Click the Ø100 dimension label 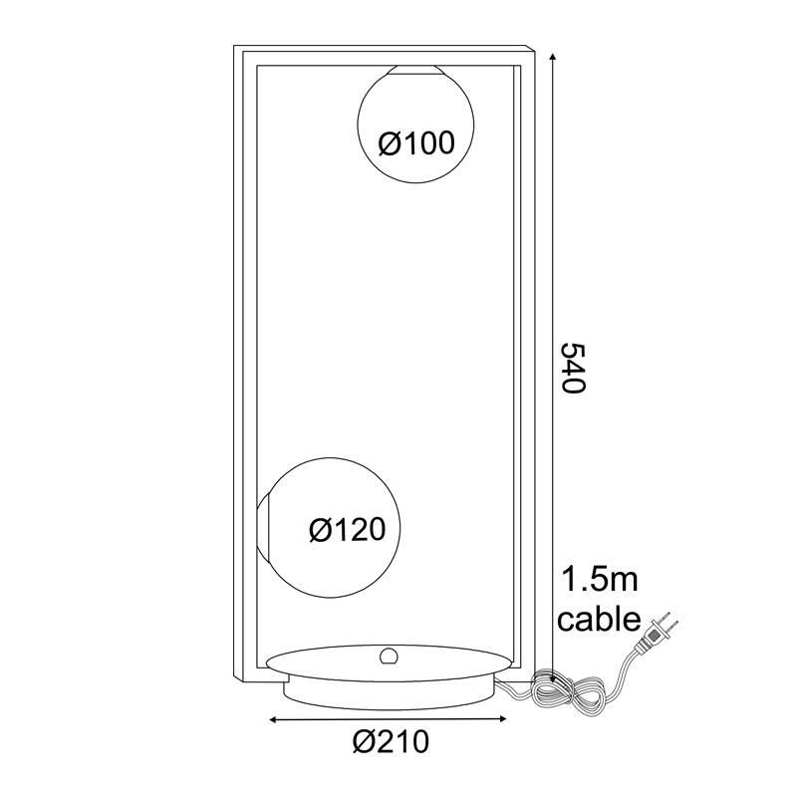pos(416,142)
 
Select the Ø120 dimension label pos(348,530)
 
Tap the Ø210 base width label pos(391,741)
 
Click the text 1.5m pos(599,580)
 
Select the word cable pos(599,619)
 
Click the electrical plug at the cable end pos(656,634)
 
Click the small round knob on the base pos(389,657)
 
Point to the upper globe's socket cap pos(415,70)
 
